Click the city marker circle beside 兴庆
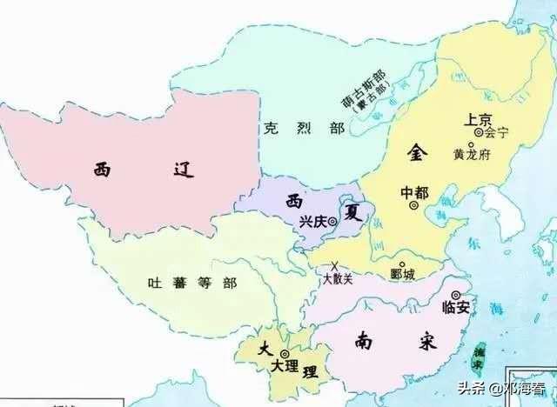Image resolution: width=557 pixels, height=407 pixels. (335, 221)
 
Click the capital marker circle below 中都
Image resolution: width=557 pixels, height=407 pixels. (414, 207)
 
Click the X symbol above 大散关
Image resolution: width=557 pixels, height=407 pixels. (334, 265)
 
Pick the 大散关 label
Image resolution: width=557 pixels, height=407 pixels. (338, 279)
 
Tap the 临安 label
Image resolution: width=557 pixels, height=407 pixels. (458, 308)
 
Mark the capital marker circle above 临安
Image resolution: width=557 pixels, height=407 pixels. (455, 295)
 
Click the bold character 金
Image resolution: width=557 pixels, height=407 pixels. (418, 153)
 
